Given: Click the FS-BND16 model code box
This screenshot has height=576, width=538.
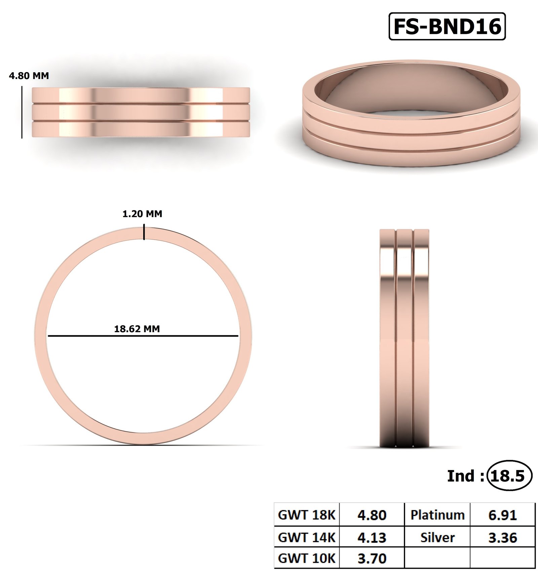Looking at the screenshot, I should (x=447, y=27).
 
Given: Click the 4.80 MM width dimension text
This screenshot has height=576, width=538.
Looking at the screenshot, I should (x=29, y=76).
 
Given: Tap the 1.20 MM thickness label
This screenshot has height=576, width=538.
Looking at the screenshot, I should (x=142, y=214).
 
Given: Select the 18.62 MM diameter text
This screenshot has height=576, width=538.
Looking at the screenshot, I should (x=137, y=329).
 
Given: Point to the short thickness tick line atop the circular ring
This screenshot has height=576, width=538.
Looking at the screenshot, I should (x=144, y=233).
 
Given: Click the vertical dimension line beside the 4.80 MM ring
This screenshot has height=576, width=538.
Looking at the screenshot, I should (x=22, y=112).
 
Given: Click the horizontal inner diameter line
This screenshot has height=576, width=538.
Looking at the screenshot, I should (x=143, y=336).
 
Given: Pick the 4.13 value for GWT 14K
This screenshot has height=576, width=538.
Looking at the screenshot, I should (x=372, y=538).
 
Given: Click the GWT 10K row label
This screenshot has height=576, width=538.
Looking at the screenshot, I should (x=307, y=559).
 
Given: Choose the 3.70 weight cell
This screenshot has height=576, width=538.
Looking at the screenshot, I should (x=372, y=559).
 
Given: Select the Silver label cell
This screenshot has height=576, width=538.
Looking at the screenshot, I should (x=437, y=538).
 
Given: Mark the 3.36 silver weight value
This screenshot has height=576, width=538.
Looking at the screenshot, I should (x=502, y=538).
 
